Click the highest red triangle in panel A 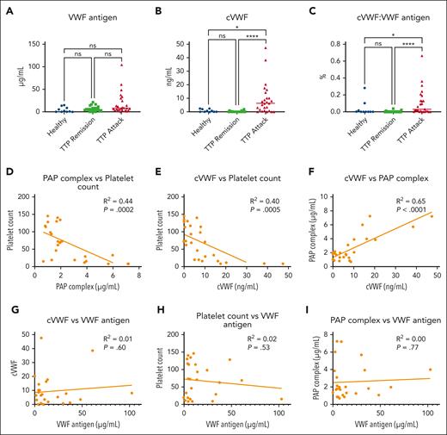click(120, 65)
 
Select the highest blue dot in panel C click(339, 88)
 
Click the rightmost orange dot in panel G click(132, 393)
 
